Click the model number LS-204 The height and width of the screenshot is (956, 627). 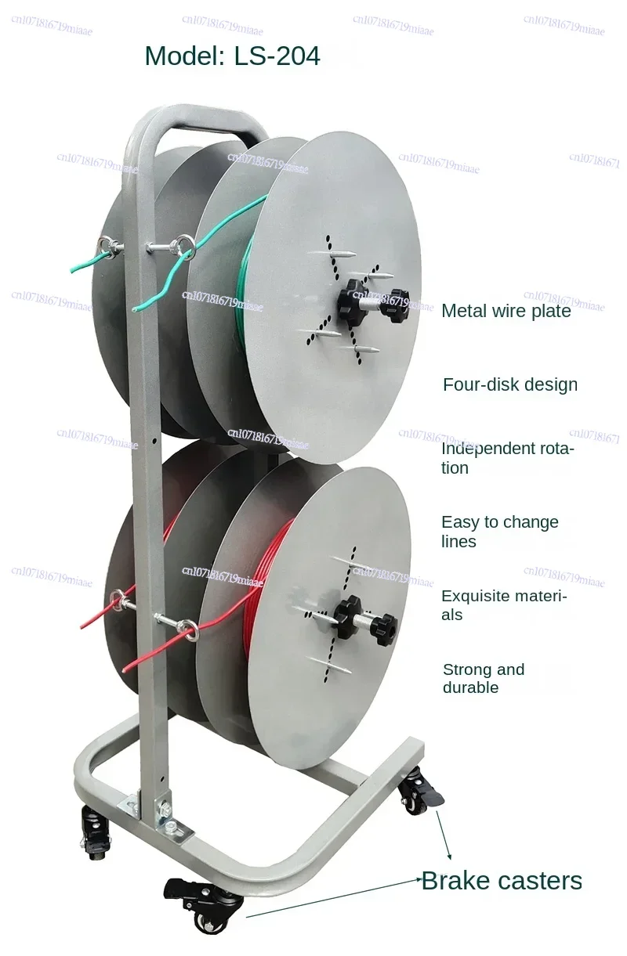(x=277, y=56)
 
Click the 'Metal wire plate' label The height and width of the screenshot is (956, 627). (x=506, y=311)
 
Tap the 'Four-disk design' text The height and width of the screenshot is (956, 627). (x=510, y=384)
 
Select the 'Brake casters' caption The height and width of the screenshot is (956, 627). (x=502, y=881)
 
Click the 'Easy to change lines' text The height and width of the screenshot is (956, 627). (x=500, y=532)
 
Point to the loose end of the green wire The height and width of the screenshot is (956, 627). (x=135, y=308)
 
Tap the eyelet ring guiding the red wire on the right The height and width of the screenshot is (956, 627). (x=188, y=630)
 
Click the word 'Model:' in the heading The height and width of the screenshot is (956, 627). (x=185, y=56)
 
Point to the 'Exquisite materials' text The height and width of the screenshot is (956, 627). (x=504, y=605)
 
